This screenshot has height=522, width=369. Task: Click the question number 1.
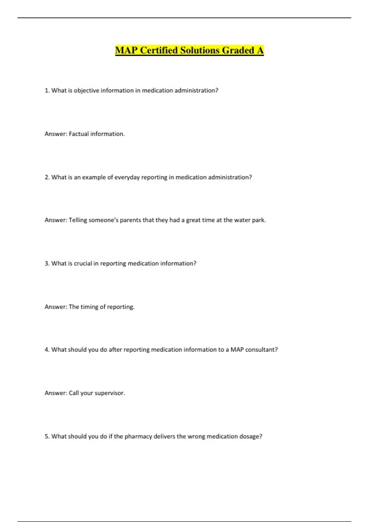pos(47,91)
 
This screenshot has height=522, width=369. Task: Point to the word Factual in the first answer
pos(78,134)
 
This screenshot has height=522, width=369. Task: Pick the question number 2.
pos(47,177)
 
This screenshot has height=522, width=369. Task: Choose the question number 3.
pos(47,263)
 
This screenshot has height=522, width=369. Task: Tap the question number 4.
pos(47,350)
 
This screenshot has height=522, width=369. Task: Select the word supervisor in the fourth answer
pos(109,393)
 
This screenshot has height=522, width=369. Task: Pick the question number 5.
pos(47,436)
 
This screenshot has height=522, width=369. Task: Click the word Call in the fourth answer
pos(74,393)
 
